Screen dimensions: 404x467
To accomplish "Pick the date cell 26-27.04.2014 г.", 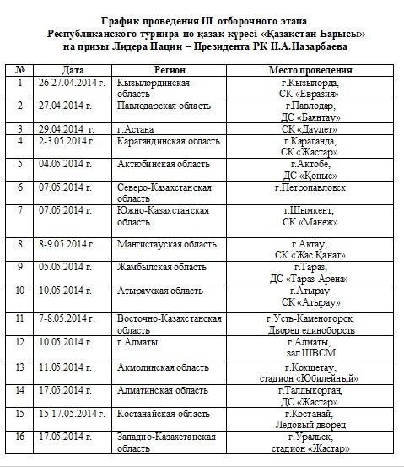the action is point(73,84).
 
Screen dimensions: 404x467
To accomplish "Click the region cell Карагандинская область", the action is point(171,140).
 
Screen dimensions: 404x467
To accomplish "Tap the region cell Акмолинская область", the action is point(164,367).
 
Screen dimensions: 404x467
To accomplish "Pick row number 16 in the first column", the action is point(19,437).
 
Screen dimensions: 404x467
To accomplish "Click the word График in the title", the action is point(124,19).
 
